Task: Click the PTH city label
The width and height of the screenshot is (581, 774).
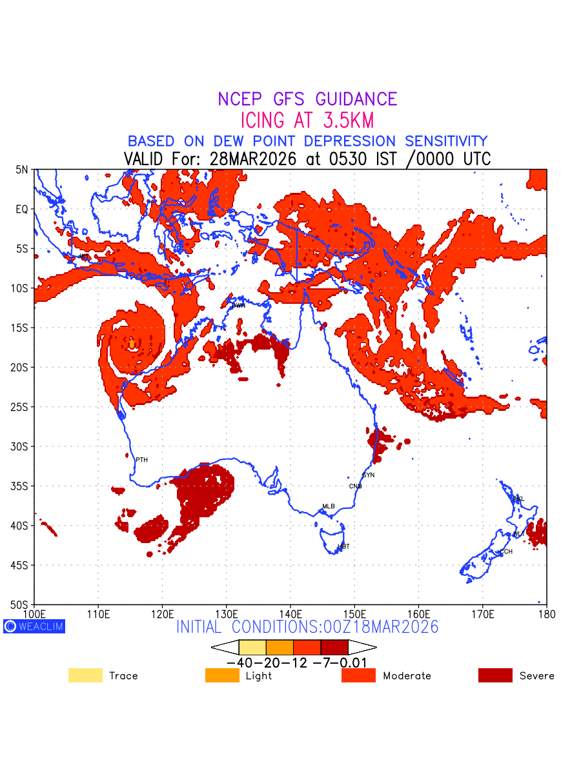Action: pyautogui.click(x=141, y=460)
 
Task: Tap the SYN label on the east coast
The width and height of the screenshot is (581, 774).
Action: pyautogui.click(x=369, y=475)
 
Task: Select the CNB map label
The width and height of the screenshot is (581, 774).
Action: pyautogui.click(x=355, y=486)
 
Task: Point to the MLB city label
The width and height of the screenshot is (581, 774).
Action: pyautogui.click(x=329, y=506)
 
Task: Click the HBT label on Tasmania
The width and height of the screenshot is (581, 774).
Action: pyautogui.click(x=343, y=547)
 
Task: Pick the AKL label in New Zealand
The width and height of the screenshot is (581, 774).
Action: pyautogui.click(x=518, y=499)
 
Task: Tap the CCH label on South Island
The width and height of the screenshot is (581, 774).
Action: pyautogui.click(x=506, y=552)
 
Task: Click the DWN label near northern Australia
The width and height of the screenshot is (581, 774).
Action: pyautogui.click(x=238, y=306)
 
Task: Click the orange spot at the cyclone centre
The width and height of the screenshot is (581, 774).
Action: pyautogui.click(x=132, y=344)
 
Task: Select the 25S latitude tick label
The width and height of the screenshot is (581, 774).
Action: pyautogui.click(x=22, y=407)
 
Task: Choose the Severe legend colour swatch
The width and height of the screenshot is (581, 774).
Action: pyautogui.click(x=495, y=675)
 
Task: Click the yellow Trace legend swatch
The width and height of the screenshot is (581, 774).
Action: pyautogui.click(x=85, y=675)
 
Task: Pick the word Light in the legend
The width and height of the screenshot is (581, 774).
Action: pyautogui.click(x=259, y=676)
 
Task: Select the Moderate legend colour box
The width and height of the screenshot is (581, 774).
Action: pyautogui.click(x=358, y=675)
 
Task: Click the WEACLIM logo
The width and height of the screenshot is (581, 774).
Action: pyautogui.click(x=34, y=626)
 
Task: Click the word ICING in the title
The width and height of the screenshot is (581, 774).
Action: pyautogui.click(x=262, y=121)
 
